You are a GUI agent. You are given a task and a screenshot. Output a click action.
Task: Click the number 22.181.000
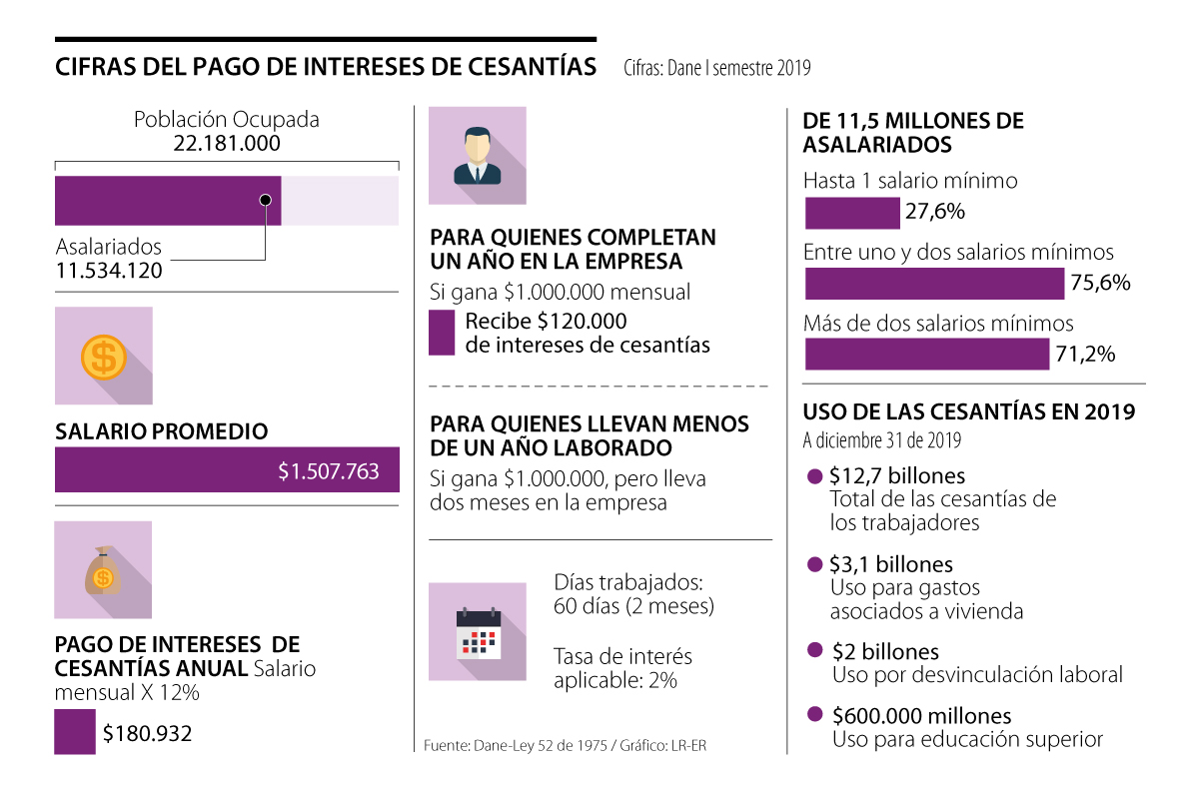tap(227, 144)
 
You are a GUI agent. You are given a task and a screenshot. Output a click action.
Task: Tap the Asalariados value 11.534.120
tap(109, 271)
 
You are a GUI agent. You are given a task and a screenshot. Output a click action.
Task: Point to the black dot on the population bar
tap(265, 200)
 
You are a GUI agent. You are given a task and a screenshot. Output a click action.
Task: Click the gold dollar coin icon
tap(103, 356)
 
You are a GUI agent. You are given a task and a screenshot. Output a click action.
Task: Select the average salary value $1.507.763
tap(329, 471)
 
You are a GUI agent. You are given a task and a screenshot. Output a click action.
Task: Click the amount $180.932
tap(147, 734)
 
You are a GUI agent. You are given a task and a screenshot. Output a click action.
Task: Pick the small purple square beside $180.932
tap(75, 732)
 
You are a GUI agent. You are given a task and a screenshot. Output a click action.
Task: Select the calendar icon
tap(478, 633)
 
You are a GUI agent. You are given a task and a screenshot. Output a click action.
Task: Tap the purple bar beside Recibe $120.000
tap(442, 334)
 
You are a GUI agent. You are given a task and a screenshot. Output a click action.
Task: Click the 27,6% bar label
tap(934, 212)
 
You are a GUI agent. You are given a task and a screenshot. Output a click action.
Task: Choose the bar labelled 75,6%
tap(934, 284)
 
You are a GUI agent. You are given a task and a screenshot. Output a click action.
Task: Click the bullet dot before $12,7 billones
tap(814, 476)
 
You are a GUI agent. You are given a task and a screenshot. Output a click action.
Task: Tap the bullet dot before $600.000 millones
tap(814, 715)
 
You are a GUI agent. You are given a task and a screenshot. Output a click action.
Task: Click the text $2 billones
tap(885, 652)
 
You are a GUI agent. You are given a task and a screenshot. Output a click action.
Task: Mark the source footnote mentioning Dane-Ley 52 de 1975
tap(565, 746)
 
